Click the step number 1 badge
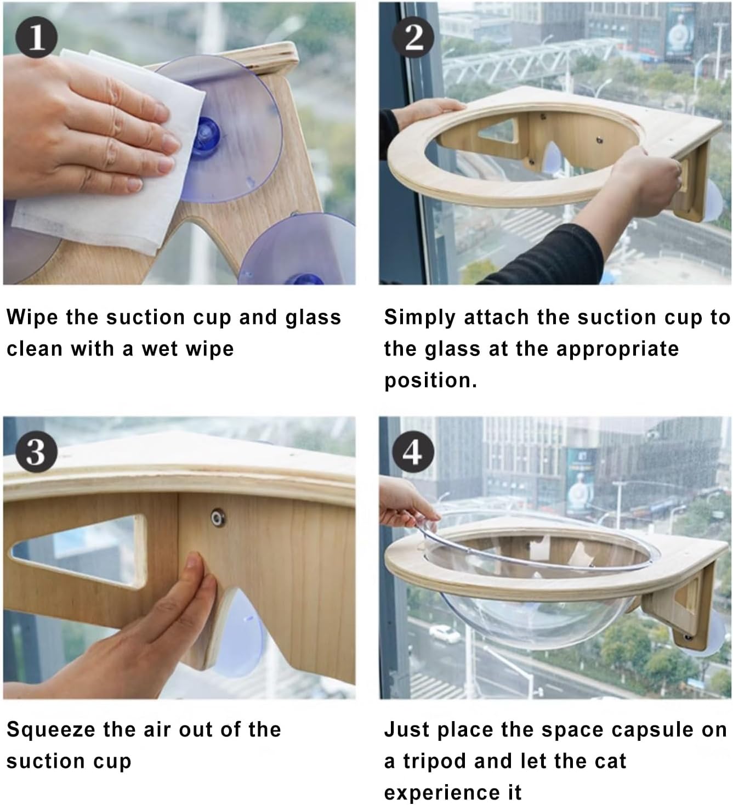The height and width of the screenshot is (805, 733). [x=37, y=37]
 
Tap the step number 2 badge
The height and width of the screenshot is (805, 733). [x=413, y=37]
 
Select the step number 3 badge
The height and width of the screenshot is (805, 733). [x=37, y=452]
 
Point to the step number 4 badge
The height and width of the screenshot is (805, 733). [x=413, y=452]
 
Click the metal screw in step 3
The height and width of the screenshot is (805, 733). [x=218, y=517]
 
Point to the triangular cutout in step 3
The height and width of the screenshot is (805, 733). [x=80, y=550]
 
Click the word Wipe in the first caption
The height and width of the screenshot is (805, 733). [x=32, y=318]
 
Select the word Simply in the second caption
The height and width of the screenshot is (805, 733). [x=419, y=318]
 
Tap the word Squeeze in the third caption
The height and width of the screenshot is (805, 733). [x=50, y=730]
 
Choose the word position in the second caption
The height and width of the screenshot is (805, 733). [x=431, y=381]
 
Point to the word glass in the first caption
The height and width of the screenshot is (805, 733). [x=314, y=318]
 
